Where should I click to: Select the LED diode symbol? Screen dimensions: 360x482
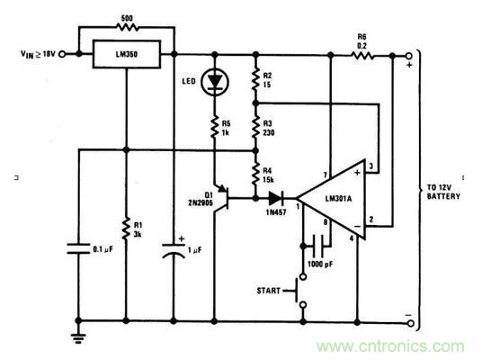tap(214, 83)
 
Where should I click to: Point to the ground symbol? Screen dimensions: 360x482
tap(79, 335)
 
